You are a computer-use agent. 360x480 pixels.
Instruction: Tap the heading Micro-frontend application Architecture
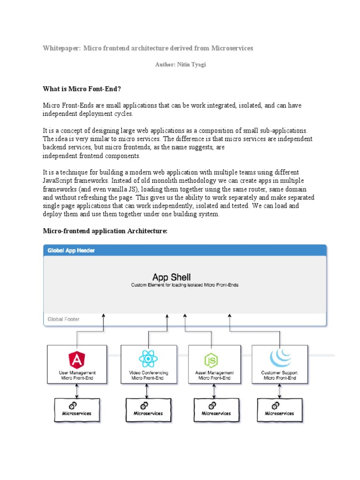tap(105, 231)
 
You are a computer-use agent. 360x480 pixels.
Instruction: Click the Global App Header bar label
tap(71, 250)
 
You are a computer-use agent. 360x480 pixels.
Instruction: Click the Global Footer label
tap(64, 319)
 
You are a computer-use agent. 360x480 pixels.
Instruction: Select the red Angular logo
tap(76, 359)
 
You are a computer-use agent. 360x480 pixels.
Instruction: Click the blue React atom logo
tap(149, 359)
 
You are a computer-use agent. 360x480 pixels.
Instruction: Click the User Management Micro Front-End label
tap(76, 375)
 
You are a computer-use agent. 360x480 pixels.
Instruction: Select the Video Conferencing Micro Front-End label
tap(149, 375)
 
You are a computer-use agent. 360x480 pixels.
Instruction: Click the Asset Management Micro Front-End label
tap(214, 375)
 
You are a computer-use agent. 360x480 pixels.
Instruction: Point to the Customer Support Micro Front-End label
tap(279, 375)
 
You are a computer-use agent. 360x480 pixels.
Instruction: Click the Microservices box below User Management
tap(76, 410)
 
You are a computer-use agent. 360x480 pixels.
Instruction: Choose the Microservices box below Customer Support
tap(279, 410)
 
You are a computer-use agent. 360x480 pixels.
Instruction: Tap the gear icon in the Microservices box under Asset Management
tap(212, 405)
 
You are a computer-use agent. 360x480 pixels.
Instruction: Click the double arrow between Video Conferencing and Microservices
tap(147, 390)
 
